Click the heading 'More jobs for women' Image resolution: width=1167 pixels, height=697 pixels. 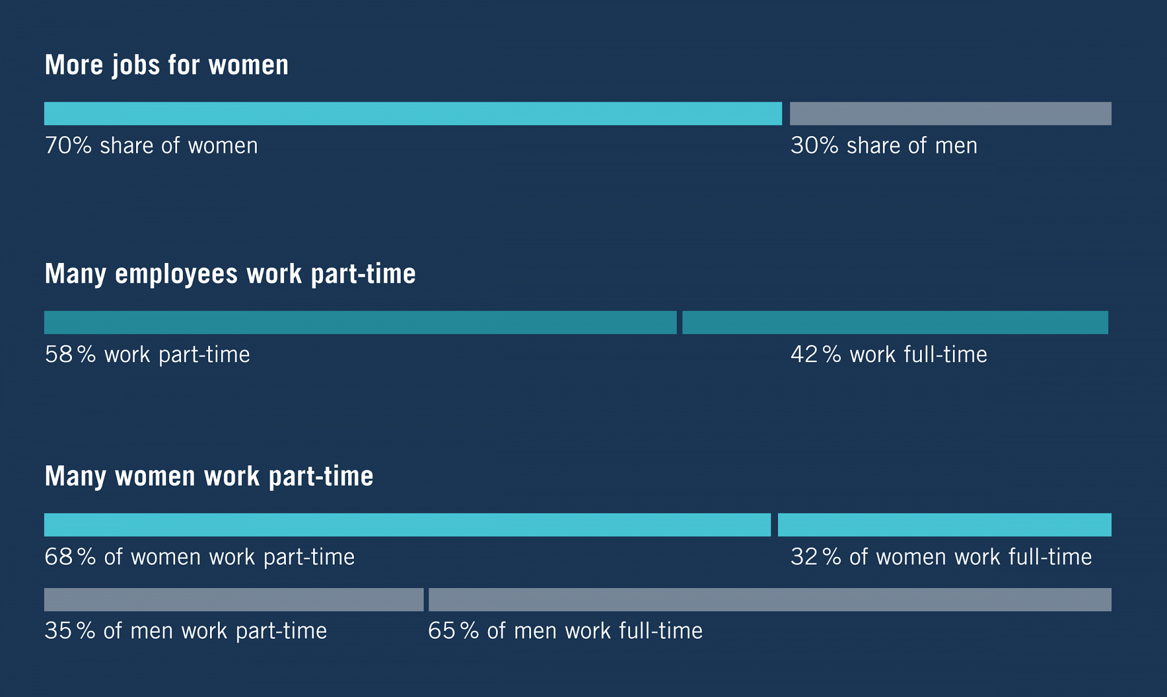(167, 65)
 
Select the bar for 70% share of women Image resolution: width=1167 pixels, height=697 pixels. (413, 113)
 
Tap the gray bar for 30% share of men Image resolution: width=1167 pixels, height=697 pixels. (950, 113)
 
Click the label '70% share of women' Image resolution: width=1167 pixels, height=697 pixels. (151, 146)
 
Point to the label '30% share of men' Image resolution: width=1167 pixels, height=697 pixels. (884, 146)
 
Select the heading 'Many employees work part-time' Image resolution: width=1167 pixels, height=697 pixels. (230, 274)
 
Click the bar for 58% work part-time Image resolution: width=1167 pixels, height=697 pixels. (360, 323)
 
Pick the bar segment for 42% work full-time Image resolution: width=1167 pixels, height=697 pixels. (895, 323)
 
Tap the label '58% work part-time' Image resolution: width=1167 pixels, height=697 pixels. (147, 355)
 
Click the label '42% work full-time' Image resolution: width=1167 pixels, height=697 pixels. (889, 355)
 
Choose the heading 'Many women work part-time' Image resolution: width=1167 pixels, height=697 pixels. (209, 477)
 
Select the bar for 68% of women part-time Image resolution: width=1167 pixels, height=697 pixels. (407, 525)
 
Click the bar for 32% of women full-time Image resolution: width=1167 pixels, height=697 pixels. (945, 525)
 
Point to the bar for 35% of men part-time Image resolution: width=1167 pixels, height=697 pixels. (233, 600)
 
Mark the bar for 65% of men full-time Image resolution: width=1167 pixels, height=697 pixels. (770, 600)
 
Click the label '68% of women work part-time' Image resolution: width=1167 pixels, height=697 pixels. (200, 557)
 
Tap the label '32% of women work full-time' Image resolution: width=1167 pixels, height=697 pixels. (941, 557)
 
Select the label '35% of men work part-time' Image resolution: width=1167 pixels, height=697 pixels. (185, 631)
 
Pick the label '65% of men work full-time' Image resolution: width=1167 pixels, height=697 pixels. (565, 631)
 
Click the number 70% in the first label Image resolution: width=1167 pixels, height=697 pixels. (68, 146)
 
